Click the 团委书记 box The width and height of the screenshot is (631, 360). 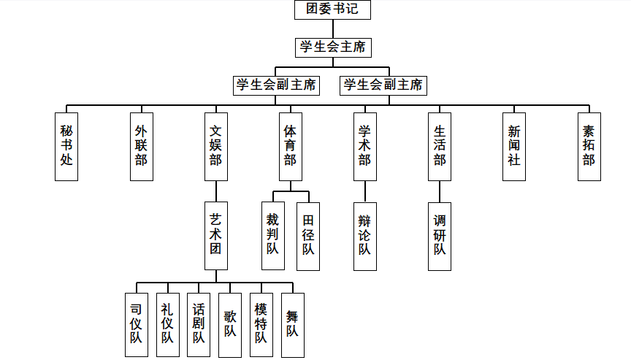click(332, 10)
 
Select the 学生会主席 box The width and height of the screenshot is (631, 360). click(332, 47)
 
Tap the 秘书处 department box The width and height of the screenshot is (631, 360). click(66, 146)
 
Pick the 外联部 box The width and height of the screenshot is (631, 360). click(141, 146)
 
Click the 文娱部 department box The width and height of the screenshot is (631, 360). click(215, 146)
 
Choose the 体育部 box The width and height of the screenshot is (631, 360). click(290, 146)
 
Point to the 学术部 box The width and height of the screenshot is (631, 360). click(364, 146)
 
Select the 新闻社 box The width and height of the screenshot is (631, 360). click(514, 146)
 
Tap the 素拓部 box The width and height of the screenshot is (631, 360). click(589, 146)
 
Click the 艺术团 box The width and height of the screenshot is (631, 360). click(215, 236)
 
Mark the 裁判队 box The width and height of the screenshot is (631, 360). click(272, 236)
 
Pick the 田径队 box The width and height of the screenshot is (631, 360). click(308, 236)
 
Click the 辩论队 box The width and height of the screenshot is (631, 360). click(364, 236)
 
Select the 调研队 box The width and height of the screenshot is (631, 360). click(440, 236)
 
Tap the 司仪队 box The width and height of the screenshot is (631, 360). click(136, 325)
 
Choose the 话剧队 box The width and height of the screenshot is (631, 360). click(199, 325)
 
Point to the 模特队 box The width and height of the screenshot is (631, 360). click(261, 325)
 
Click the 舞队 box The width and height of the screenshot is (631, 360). click(292, 325)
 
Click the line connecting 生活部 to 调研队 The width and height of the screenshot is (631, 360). click(440, 191)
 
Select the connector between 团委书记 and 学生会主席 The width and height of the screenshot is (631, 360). click(332, 29)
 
